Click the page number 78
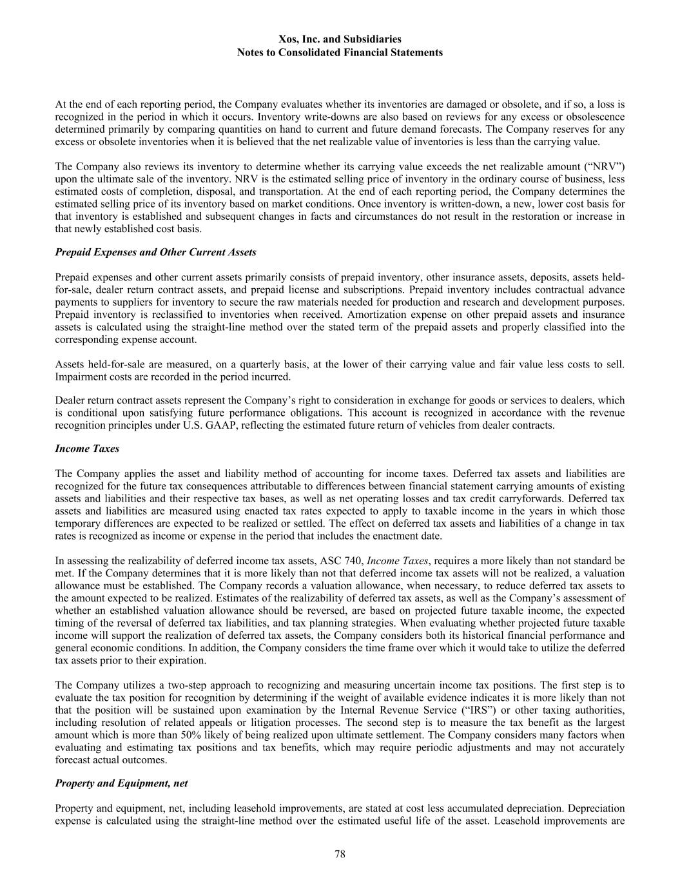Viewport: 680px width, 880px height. tap(340, 854)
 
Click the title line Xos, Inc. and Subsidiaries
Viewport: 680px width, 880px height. tap(340, 40)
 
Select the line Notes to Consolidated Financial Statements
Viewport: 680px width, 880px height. tap(340, 53)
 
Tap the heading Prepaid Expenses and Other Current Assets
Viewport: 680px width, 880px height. tap(155, 252)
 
